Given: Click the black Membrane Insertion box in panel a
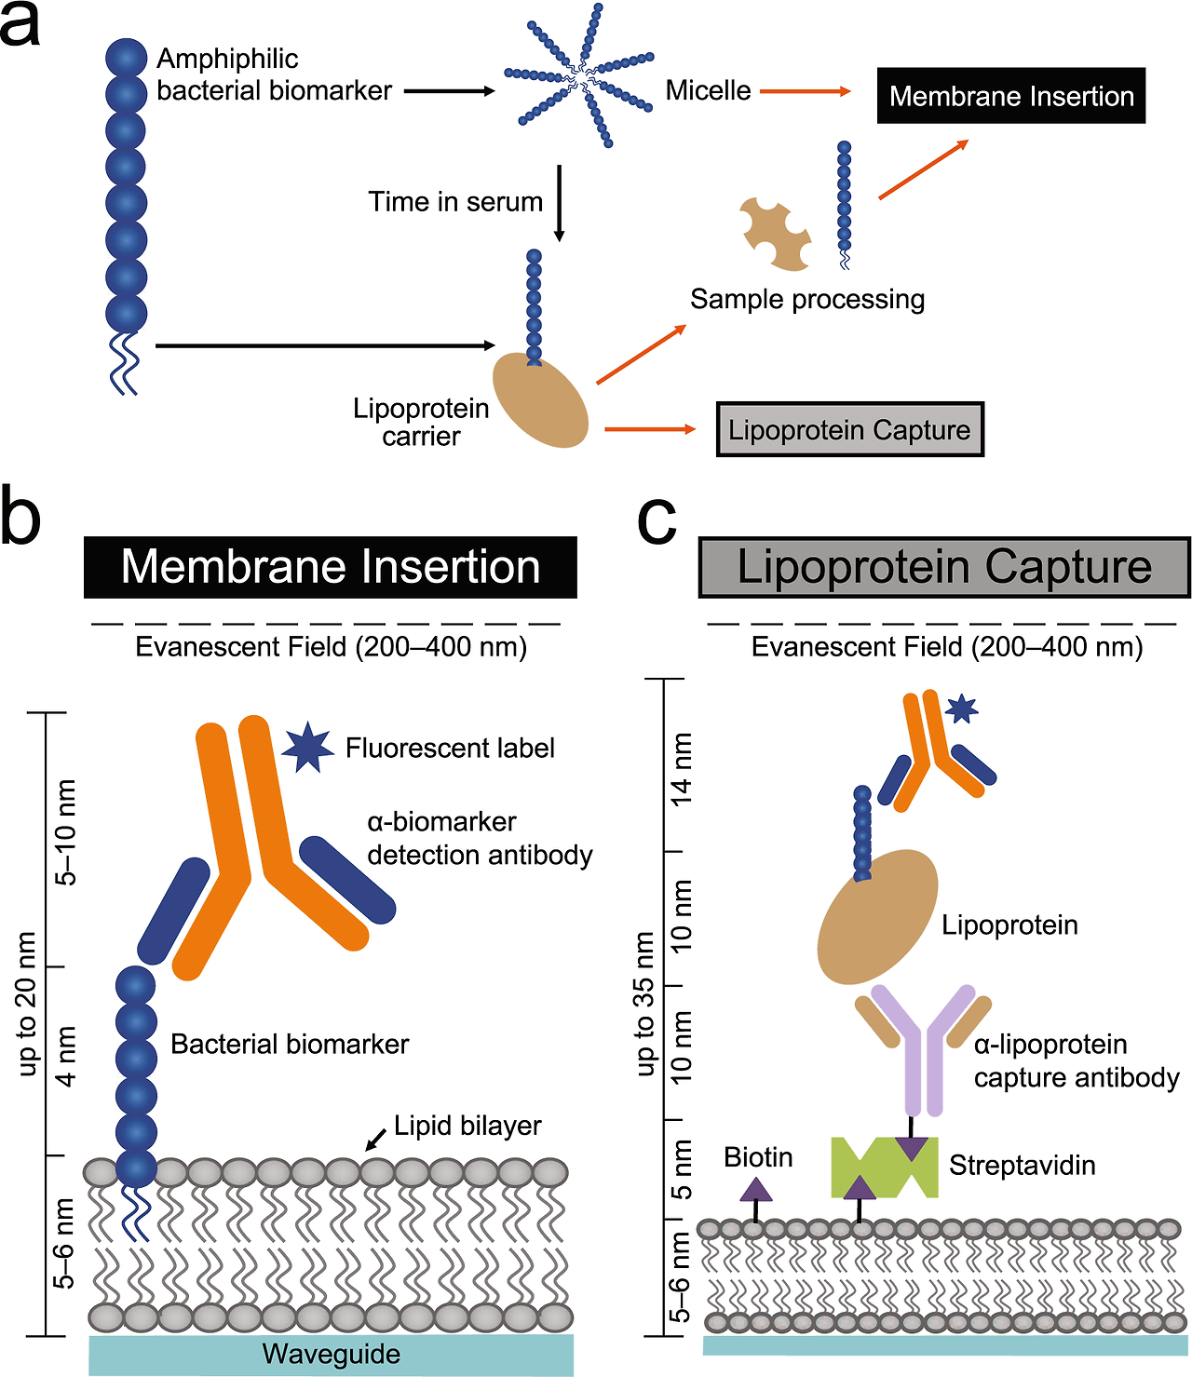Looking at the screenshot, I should [x=1010, y=96].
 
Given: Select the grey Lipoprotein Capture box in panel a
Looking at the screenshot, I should [x=849, y=429].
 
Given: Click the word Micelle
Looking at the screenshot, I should [x=708, y=90].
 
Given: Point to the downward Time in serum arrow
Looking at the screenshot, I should [x=559, y=203].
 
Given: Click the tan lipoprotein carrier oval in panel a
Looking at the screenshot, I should [x=540, y=400].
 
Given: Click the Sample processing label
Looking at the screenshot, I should [x=807, y=299].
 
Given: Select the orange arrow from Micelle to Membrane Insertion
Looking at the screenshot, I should [x=805, y=91].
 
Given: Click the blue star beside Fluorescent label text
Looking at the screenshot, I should [x=307, y=747].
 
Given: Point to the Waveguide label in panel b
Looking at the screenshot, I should [x=332, y=1354].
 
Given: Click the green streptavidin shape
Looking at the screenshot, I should [x=884, y=1168].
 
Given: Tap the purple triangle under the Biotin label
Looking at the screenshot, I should [x=756, y=1189].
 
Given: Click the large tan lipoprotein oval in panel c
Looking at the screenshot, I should [x=877, y=917].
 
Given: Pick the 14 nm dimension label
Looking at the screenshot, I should [x=683, y=767].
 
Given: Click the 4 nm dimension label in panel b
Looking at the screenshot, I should [x=66, y=1057].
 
